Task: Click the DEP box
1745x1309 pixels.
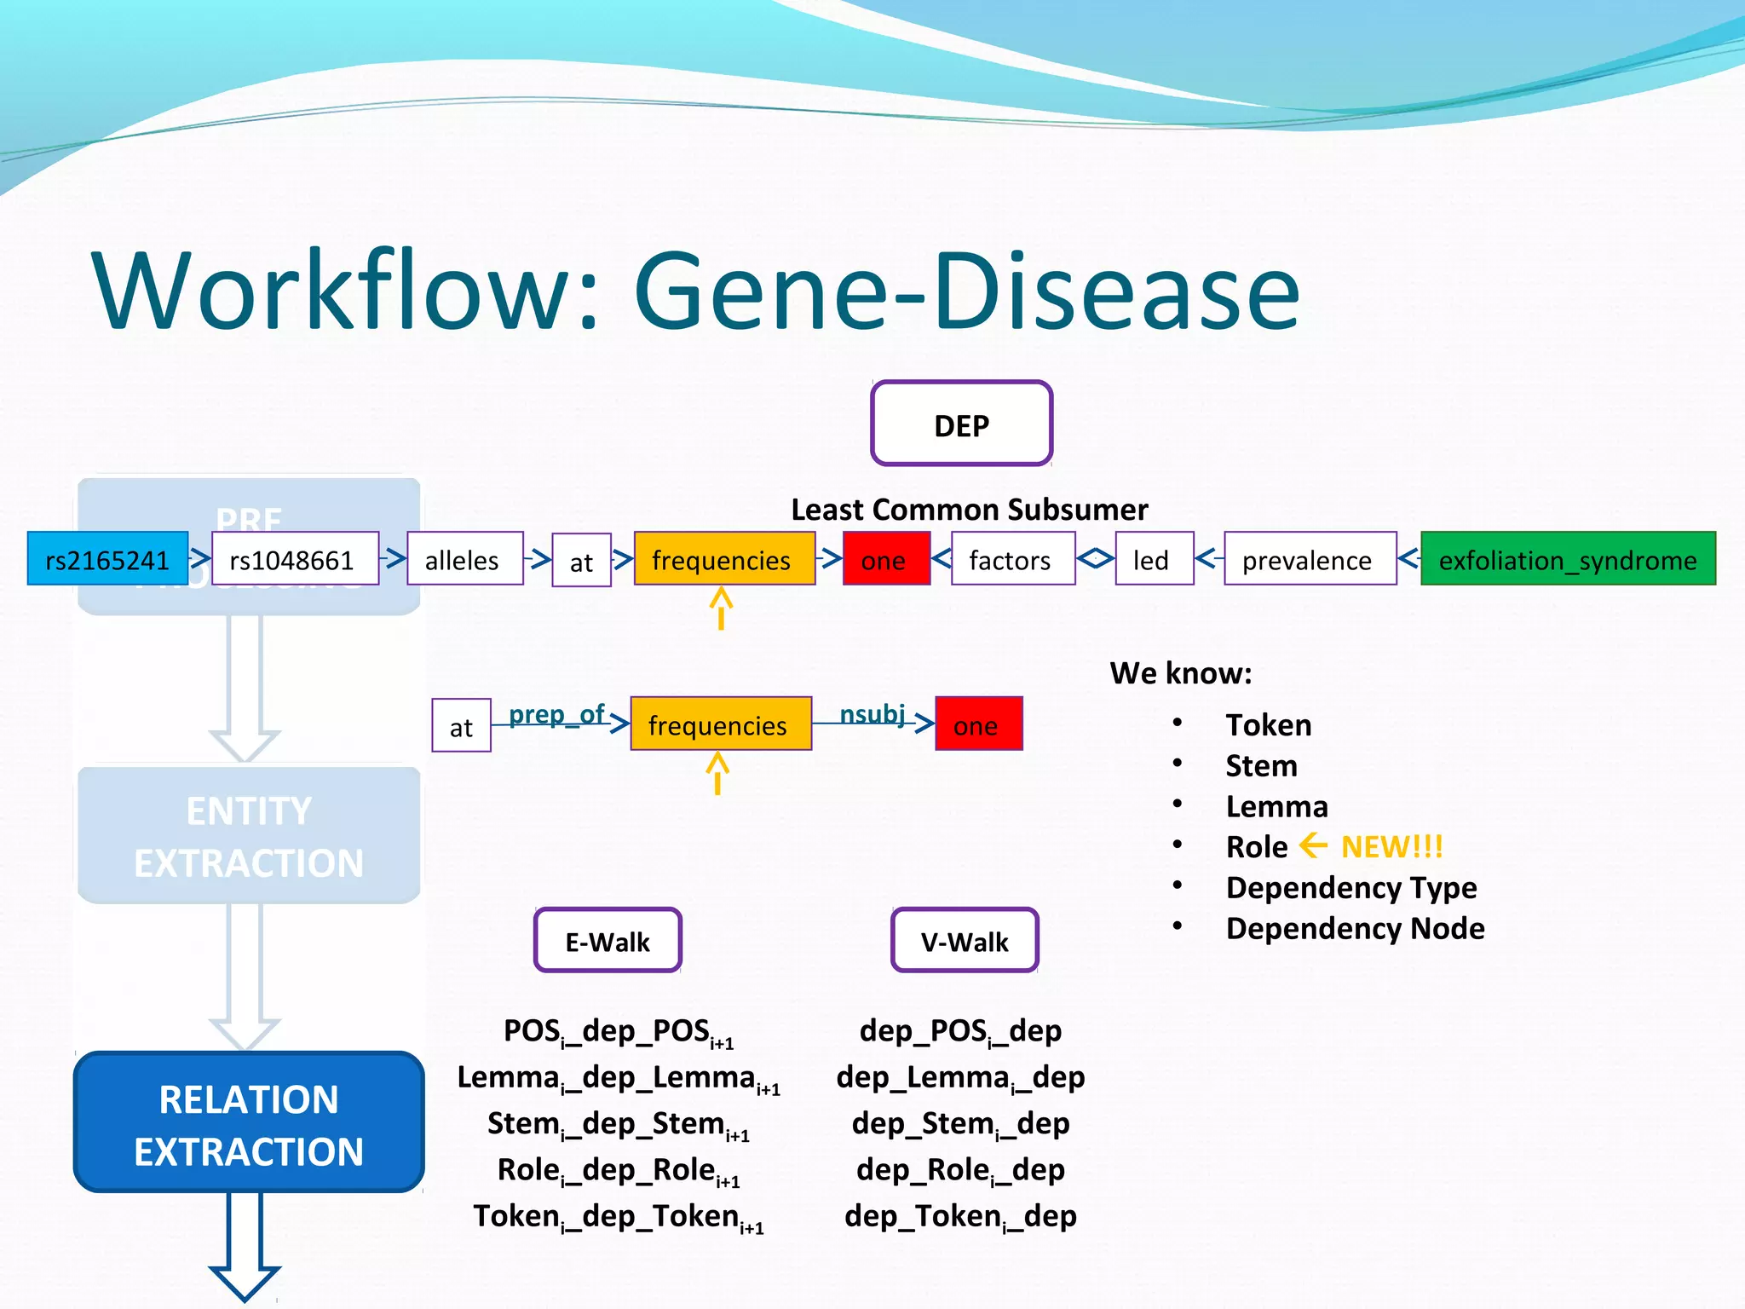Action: coord(961,424)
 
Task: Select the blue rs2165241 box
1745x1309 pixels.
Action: coord(107,559)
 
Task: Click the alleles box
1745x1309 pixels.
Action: coord(464,559)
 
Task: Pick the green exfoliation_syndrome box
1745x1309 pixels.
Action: coord(1568,559)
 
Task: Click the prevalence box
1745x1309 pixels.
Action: coord(1310,559)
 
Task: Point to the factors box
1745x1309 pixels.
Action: coord(1012,559)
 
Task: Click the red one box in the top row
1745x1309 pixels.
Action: coord(885,559)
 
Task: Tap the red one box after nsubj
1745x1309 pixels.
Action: coord(978,724)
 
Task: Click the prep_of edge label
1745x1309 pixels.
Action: coord(557,714)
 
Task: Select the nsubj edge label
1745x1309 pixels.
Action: coord(872,714)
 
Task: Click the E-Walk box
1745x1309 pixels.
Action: coord(608,941)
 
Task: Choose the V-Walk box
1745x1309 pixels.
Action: coord(965,941)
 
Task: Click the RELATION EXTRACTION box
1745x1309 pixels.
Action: coord(249,1123)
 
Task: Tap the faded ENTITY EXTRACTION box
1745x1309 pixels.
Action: coord(249,835)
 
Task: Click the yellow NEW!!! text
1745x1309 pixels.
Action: coord(1391,846)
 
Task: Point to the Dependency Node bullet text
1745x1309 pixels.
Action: coord(1355,928)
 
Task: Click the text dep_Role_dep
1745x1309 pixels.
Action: coord(960,1170)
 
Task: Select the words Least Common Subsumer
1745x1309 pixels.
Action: coord(969,510)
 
